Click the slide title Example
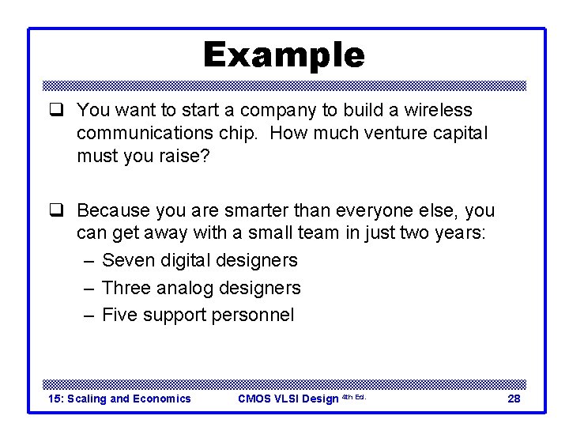284,55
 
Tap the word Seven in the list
128,260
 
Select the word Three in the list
127,288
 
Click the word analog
187,288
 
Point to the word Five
120,316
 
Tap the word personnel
252,316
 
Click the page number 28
514,399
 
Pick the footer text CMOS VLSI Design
288,399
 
